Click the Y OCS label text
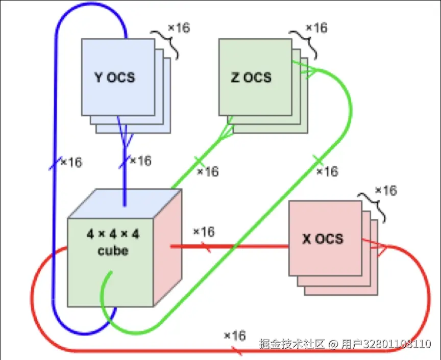pyautogui.click(x=115, y=78)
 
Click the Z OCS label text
pyautogui.click(x=251, y=78)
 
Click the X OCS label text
pyautogui.click(x=323, y=239)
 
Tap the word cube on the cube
pyautogui.click(x=112, y=251)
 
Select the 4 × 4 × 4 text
pyautogui.click(x=113, y=235)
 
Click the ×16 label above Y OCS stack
pyautogui.click(x=179, y=28)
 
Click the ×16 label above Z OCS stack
pyautogui.click(x=316, y=28)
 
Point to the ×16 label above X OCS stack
pyautogui.click(x=385, y=190)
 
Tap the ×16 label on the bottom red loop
pyautogui.click(x=235, y=336)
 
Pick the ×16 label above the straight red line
pyautogui.click(x=204, y=232)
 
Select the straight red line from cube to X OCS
pyautogui.click(x=230, y=247)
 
